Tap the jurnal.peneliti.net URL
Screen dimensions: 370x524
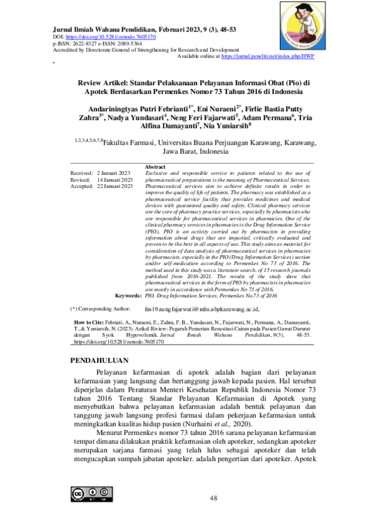coord(269,56)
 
